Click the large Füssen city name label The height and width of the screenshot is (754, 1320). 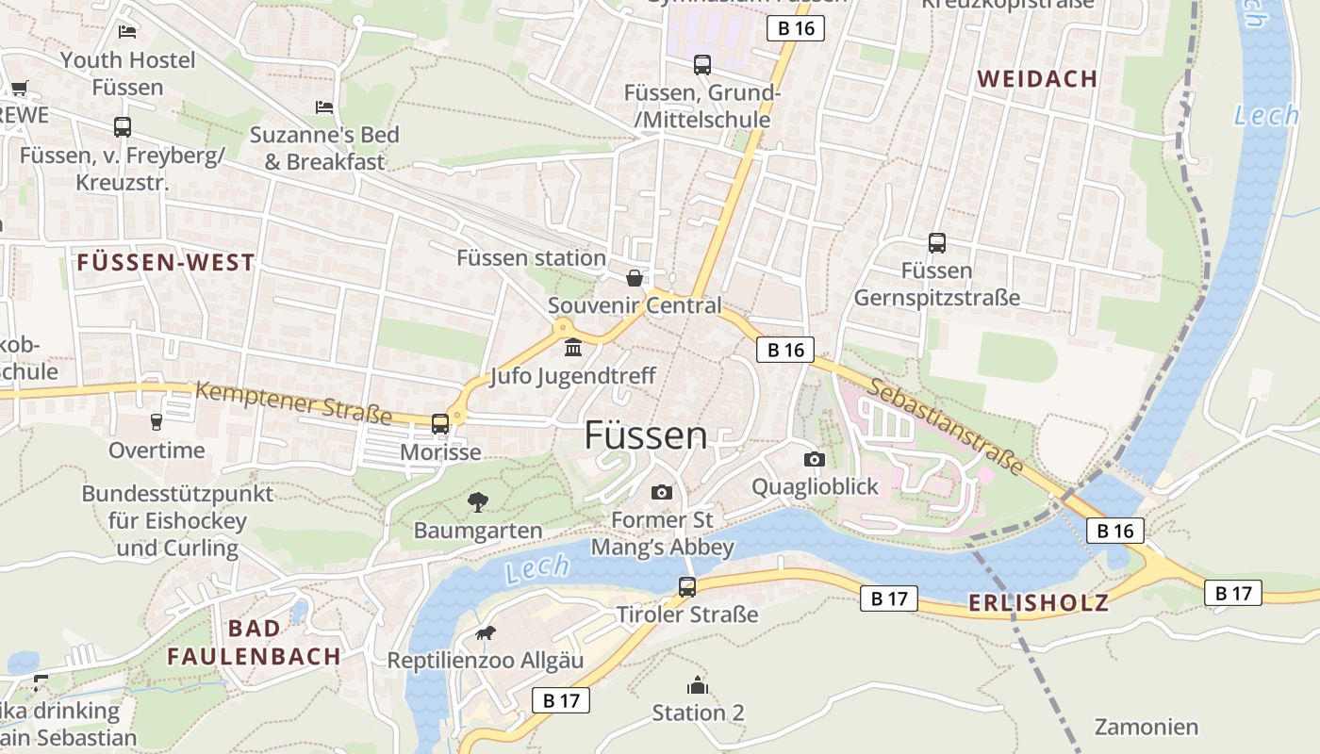(x=645, y=435)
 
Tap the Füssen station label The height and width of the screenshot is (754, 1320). (x=531, y=257)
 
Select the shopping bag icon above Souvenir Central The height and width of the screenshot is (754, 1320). (x=635, y=278)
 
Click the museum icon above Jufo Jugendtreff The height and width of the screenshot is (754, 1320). (x=572, y=350)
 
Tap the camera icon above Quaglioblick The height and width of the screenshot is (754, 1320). (x=815, y=459)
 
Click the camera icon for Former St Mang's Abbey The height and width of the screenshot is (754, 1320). (x=662, y=492)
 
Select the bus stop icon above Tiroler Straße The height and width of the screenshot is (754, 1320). (x=687, y=587)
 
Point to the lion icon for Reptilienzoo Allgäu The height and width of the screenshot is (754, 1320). (x=486, y=632)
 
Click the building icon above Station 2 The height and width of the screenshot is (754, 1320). (x=698, y=685)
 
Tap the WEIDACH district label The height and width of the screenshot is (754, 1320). (x=1037, y=79)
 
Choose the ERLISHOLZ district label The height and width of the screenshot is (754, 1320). (x=1038, y=603)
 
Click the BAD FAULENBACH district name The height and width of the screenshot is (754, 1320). (x=254, y=642)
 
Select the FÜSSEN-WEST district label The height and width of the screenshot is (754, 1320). (x=166, y=263)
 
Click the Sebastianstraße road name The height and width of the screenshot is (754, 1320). (x=946, y=426)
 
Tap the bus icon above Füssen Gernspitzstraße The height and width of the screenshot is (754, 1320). (x=936, y=243)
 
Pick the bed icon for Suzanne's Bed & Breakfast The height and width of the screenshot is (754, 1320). (x=324, y=107)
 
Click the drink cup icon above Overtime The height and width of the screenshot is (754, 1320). (x=157, y=421)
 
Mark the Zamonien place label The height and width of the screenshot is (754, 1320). (x=1146, y=727)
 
